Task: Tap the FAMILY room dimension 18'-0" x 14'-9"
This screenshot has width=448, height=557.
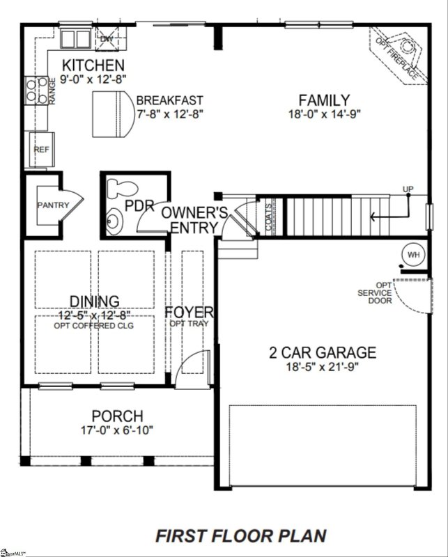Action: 325,115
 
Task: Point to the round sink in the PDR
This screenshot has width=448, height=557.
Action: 114,221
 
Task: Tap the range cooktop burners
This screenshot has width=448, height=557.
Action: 33,91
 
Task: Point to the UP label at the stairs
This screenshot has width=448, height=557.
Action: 408,190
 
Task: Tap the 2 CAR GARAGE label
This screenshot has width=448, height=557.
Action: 323,352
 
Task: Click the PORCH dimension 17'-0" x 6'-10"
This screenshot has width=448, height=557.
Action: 116,430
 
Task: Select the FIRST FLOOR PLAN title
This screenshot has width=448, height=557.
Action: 240,536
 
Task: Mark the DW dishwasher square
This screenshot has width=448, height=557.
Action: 107,38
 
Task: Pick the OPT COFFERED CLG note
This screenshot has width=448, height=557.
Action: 93,325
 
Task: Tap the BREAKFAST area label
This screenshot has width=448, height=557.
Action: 170,100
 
